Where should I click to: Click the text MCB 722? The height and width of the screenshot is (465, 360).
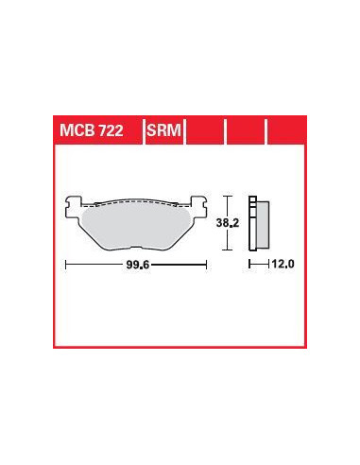91,130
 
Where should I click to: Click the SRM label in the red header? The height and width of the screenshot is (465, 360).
163,130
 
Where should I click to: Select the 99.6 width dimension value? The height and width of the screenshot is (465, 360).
138,265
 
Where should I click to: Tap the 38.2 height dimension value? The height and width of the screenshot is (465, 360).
228,223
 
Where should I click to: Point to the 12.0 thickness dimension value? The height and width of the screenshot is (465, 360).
283,264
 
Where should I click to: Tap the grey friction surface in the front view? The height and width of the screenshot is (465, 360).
135,226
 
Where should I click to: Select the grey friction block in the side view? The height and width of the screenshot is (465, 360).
263,225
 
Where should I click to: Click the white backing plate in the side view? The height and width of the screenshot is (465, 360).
252,223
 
